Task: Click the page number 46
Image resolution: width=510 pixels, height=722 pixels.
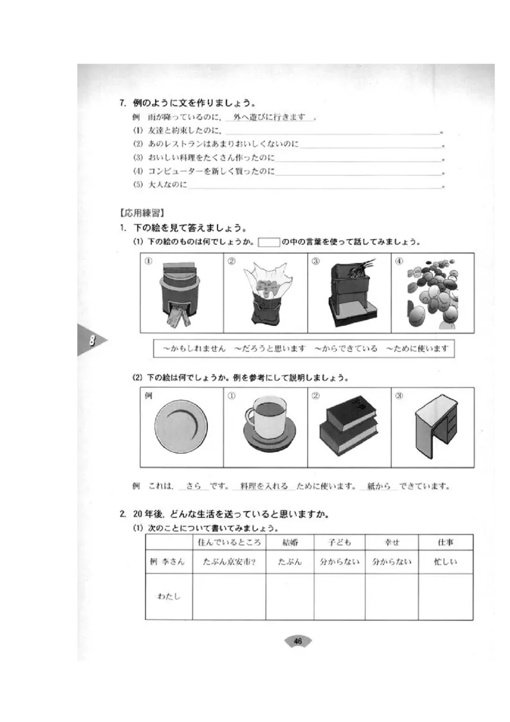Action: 298,641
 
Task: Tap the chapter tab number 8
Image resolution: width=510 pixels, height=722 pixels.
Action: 92,340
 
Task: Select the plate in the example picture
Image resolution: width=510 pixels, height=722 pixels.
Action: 180,426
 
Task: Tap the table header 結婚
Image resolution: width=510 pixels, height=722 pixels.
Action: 289,542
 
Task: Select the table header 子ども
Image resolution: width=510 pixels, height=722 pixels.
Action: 340,542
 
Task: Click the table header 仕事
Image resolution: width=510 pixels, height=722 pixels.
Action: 445,542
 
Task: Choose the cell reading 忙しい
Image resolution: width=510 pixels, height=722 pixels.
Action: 445,562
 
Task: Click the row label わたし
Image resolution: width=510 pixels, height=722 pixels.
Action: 170,596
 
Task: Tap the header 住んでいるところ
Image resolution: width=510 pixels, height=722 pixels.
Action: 229,542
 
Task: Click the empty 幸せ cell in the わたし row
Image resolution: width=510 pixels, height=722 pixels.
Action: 391,596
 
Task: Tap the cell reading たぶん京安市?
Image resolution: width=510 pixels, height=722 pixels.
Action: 229,562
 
